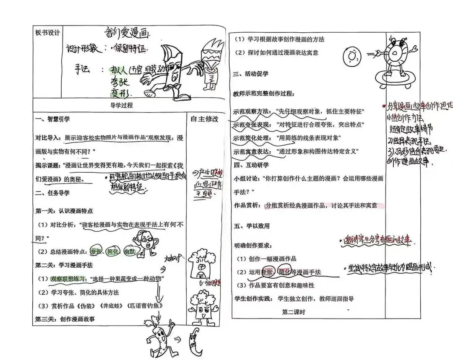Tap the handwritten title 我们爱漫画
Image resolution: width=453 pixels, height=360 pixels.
pyautogui.click(x=127, y=33)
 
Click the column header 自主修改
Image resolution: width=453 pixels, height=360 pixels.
pyautogui.click(x=204, y=119)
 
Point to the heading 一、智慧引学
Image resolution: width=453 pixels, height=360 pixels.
pyautogui.click(x=53, y=119)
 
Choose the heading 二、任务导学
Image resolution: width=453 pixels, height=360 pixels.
pyautogui.click(x=53, y=193)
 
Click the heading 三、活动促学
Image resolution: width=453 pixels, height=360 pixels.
pyautogui.click(x=251, y=74)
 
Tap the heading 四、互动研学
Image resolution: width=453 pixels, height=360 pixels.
pyautogui.click(x=251, y=164)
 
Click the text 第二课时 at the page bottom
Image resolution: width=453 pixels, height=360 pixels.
pyautogui.click(x=294, y=312)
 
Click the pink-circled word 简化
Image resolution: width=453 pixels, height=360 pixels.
pyautogui.click(x=285, y=272)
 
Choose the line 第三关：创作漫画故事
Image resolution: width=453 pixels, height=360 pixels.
pyautogui.click(x=65, y=319)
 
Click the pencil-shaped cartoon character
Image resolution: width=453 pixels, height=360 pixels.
pyautogui.click(x=172, y=69)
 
